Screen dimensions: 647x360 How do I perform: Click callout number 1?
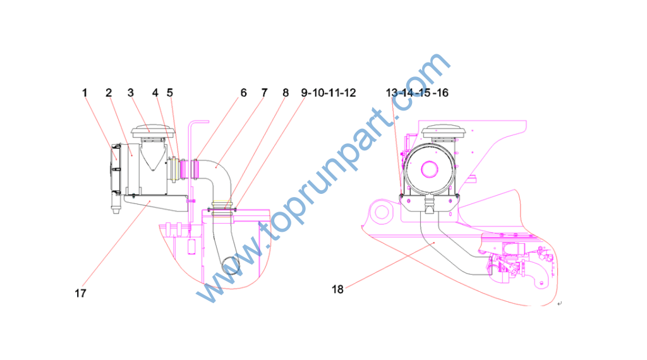pyautogui.click(x=85, y=93)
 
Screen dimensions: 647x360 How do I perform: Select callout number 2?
pyautogui.click(x=109, y=93)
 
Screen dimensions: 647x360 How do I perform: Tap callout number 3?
pyautogui.click(x=131, y=93)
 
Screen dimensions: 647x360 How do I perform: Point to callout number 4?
pyautogui.click(x=155, y=93)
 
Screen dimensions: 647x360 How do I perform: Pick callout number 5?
pyautogui.click(x=169, y=93)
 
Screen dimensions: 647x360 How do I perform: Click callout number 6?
pyautogui.click(x=243, y=93)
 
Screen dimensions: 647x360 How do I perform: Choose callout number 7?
pyautogui.click(x=265, y=93)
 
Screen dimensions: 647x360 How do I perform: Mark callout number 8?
pyautogui.click(x=286, y=93)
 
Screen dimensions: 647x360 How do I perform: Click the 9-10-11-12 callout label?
pyautogui.click(x=329, y=93)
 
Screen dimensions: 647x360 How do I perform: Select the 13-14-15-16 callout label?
pyautogui.click(x=417, y=93)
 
